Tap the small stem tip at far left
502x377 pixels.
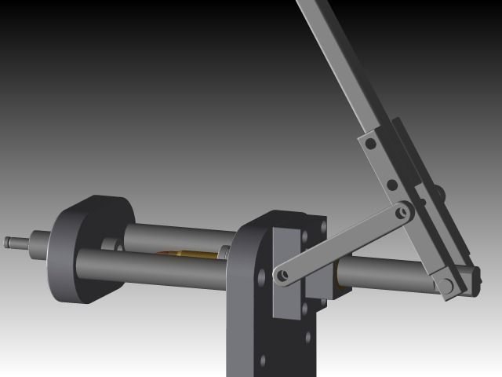coord(9,242)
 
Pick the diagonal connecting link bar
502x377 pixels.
coord(341,243)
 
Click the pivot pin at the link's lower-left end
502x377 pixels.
coord(281,276)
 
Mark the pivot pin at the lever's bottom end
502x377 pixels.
coord(449,284)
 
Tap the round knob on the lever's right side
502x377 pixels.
coord(440,192)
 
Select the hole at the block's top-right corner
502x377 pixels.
coord(322,225)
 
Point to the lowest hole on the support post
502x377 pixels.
coord(263,361)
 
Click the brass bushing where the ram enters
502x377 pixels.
coord(337,271)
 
